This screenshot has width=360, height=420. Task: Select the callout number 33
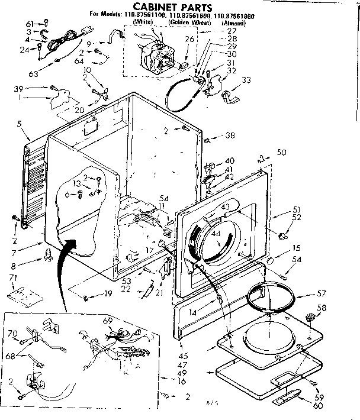[x=246, y=80]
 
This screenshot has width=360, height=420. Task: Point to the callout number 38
[x=230, y=136]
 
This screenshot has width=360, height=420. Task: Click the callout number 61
[x=29, y=22]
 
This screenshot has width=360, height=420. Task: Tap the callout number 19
[x=108, y=293]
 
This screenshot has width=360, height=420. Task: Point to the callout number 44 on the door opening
[x=215, y=234]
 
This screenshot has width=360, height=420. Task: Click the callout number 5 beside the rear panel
[x=20, y=124]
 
